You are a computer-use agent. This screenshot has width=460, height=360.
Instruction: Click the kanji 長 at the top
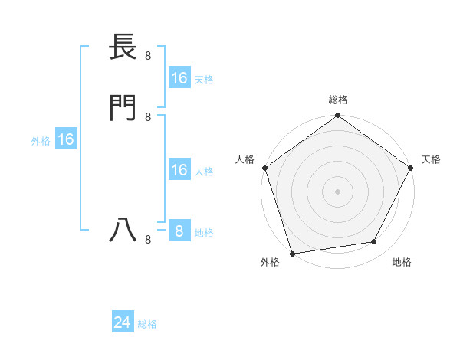[123, 48]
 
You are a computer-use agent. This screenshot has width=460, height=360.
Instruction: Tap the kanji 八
[123, 229]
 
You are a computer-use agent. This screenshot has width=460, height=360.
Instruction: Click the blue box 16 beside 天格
[179, 78]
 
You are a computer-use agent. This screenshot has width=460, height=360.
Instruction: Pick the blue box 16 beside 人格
[179, 171]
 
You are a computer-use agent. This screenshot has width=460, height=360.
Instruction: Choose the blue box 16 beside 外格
[66, 140]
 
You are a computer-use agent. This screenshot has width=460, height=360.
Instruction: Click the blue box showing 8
[179, 231]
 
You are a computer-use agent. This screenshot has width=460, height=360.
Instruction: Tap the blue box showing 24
[122, 323]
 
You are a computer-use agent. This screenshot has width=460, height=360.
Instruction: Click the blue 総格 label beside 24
[147, 324]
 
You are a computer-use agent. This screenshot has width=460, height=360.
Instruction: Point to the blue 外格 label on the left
[41, 141]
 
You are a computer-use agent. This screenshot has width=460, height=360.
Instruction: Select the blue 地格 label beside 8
[204, 233]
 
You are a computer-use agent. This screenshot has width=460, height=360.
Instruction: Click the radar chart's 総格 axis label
[338, 100]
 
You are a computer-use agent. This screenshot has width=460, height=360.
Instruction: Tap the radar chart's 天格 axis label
[431, 159]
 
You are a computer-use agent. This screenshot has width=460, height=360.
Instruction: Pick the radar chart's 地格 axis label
[402, 263]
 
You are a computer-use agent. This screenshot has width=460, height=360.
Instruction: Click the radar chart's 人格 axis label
[245, 159]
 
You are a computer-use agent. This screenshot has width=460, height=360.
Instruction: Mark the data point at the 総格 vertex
[338, 116]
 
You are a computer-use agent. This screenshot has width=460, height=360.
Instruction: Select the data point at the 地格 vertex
[374, 242]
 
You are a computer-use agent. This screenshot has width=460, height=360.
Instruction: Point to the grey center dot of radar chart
[338, 191]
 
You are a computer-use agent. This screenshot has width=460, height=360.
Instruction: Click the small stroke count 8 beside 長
[148, 55]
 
